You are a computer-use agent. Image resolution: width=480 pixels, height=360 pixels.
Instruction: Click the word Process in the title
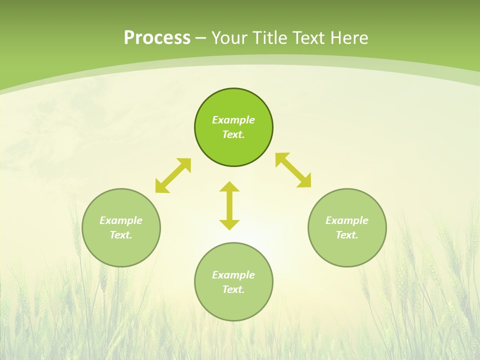(157, 38)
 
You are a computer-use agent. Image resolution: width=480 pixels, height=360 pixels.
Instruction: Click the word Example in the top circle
(233, 120)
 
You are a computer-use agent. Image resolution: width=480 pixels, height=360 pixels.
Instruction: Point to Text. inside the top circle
(233, 134)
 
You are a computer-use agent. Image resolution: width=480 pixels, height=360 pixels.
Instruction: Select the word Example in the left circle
(121, 220)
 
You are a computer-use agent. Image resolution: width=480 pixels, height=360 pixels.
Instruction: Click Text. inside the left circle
(121, 235)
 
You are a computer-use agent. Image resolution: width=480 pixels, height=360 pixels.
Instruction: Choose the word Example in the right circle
(347, 220)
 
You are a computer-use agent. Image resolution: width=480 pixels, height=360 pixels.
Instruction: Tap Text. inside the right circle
(347, 235)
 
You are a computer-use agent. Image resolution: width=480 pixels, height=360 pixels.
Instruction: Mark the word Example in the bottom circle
(233, 275)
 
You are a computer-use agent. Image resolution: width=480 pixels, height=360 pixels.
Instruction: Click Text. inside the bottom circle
(233, 289)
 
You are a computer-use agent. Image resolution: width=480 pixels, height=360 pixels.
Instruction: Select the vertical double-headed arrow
(229, 205)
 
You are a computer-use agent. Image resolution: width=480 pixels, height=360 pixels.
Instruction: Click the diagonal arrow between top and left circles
(173, 175)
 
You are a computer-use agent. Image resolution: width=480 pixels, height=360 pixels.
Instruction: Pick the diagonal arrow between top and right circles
(293, 170)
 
